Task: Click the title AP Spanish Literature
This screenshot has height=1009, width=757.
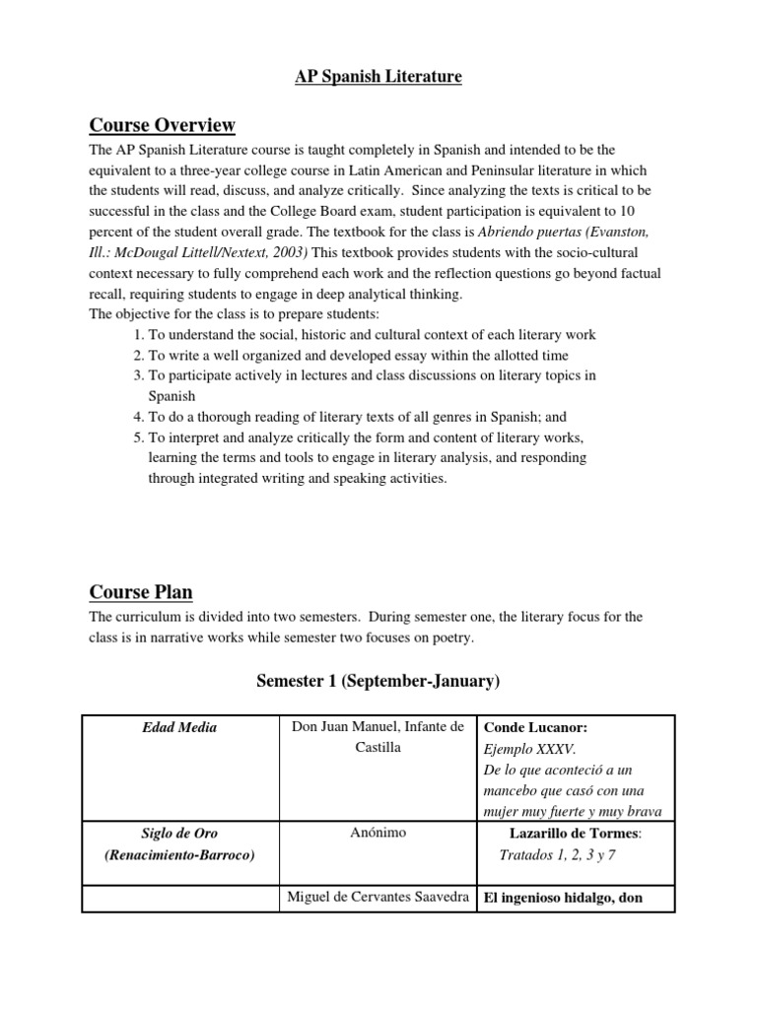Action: tap(378, 77)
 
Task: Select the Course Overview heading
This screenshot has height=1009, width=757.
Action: tap(162, 125)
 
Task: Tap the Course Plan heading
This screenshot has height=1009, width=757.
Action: tap(141, 592)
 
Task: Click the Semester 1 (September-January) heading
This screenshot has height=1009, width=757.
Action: tap(378, 680)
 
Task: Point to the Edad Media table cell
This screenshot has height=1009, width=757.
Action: tap(178, 727)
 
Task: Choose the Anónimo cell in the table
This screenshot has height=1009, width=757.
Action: tap(378, 833)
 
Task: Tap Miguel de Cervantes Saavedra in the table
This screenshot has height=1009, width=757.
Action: tap(378, 898)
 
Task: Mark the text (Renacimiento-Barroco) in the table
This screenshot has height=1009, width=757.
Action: tap(178, 854)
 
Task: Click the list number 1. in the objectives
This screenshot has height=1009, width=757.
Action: tap(139, 335)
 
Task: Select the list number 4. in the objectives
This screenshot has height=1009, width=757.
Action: tap(139, 417)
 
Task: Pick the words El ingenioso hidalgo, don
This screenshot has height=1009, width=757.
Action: tap(562, 898)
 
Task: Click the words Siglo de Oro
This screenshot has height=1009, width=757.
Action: tap(178, 833)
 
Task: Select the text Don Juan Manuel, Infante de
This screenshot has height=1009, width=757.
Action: tap(378, 727)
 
